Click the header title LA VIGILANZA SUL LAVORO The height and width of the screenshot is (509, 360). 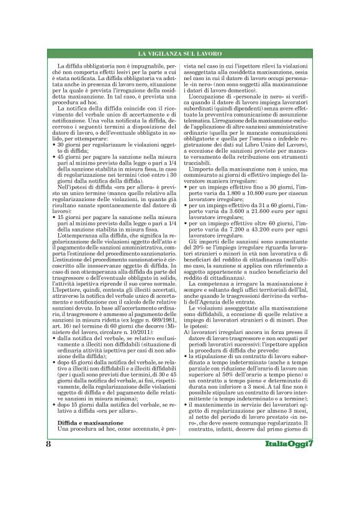pyautogui.click(x=180, y=56)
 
